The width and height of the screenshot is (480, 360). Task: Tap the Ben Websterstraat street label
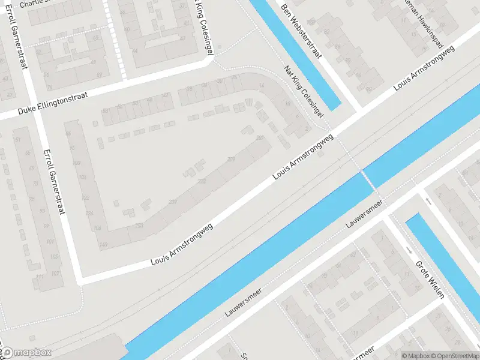click(302, 32)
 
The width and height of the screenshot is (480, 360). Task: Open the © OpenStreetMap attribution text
click(454, 355)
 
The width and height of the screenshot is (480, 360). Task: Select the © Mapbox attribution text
click(416, 355)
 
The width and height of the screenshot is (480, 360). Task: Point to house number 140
click(103, 244)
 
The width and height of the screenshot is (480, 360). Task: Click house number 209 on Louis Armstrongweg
click(231, 159)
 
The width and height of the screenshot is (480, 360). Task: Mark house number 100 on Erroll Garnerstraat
click(76, 163)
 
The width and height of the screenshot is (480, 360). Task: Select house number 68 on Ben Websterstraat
click(349, 60)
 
